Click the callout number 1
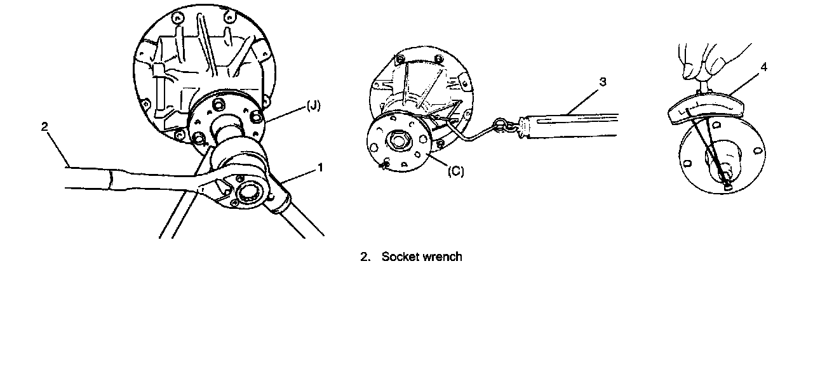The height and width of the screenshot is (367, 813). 321,168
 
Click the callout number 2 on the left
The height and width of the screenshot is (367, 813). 44,127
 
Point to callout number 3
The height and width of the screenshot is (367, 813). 603,82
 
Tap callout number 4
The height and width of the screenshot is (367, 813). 764,66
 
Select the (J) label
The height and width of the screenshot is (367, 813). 313,106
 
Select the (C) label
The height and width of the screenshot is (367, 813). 455,171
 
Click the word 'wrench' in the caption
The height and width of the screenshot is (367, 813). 443,257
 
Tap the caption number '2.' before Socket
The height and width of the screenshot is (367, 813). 365,257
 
